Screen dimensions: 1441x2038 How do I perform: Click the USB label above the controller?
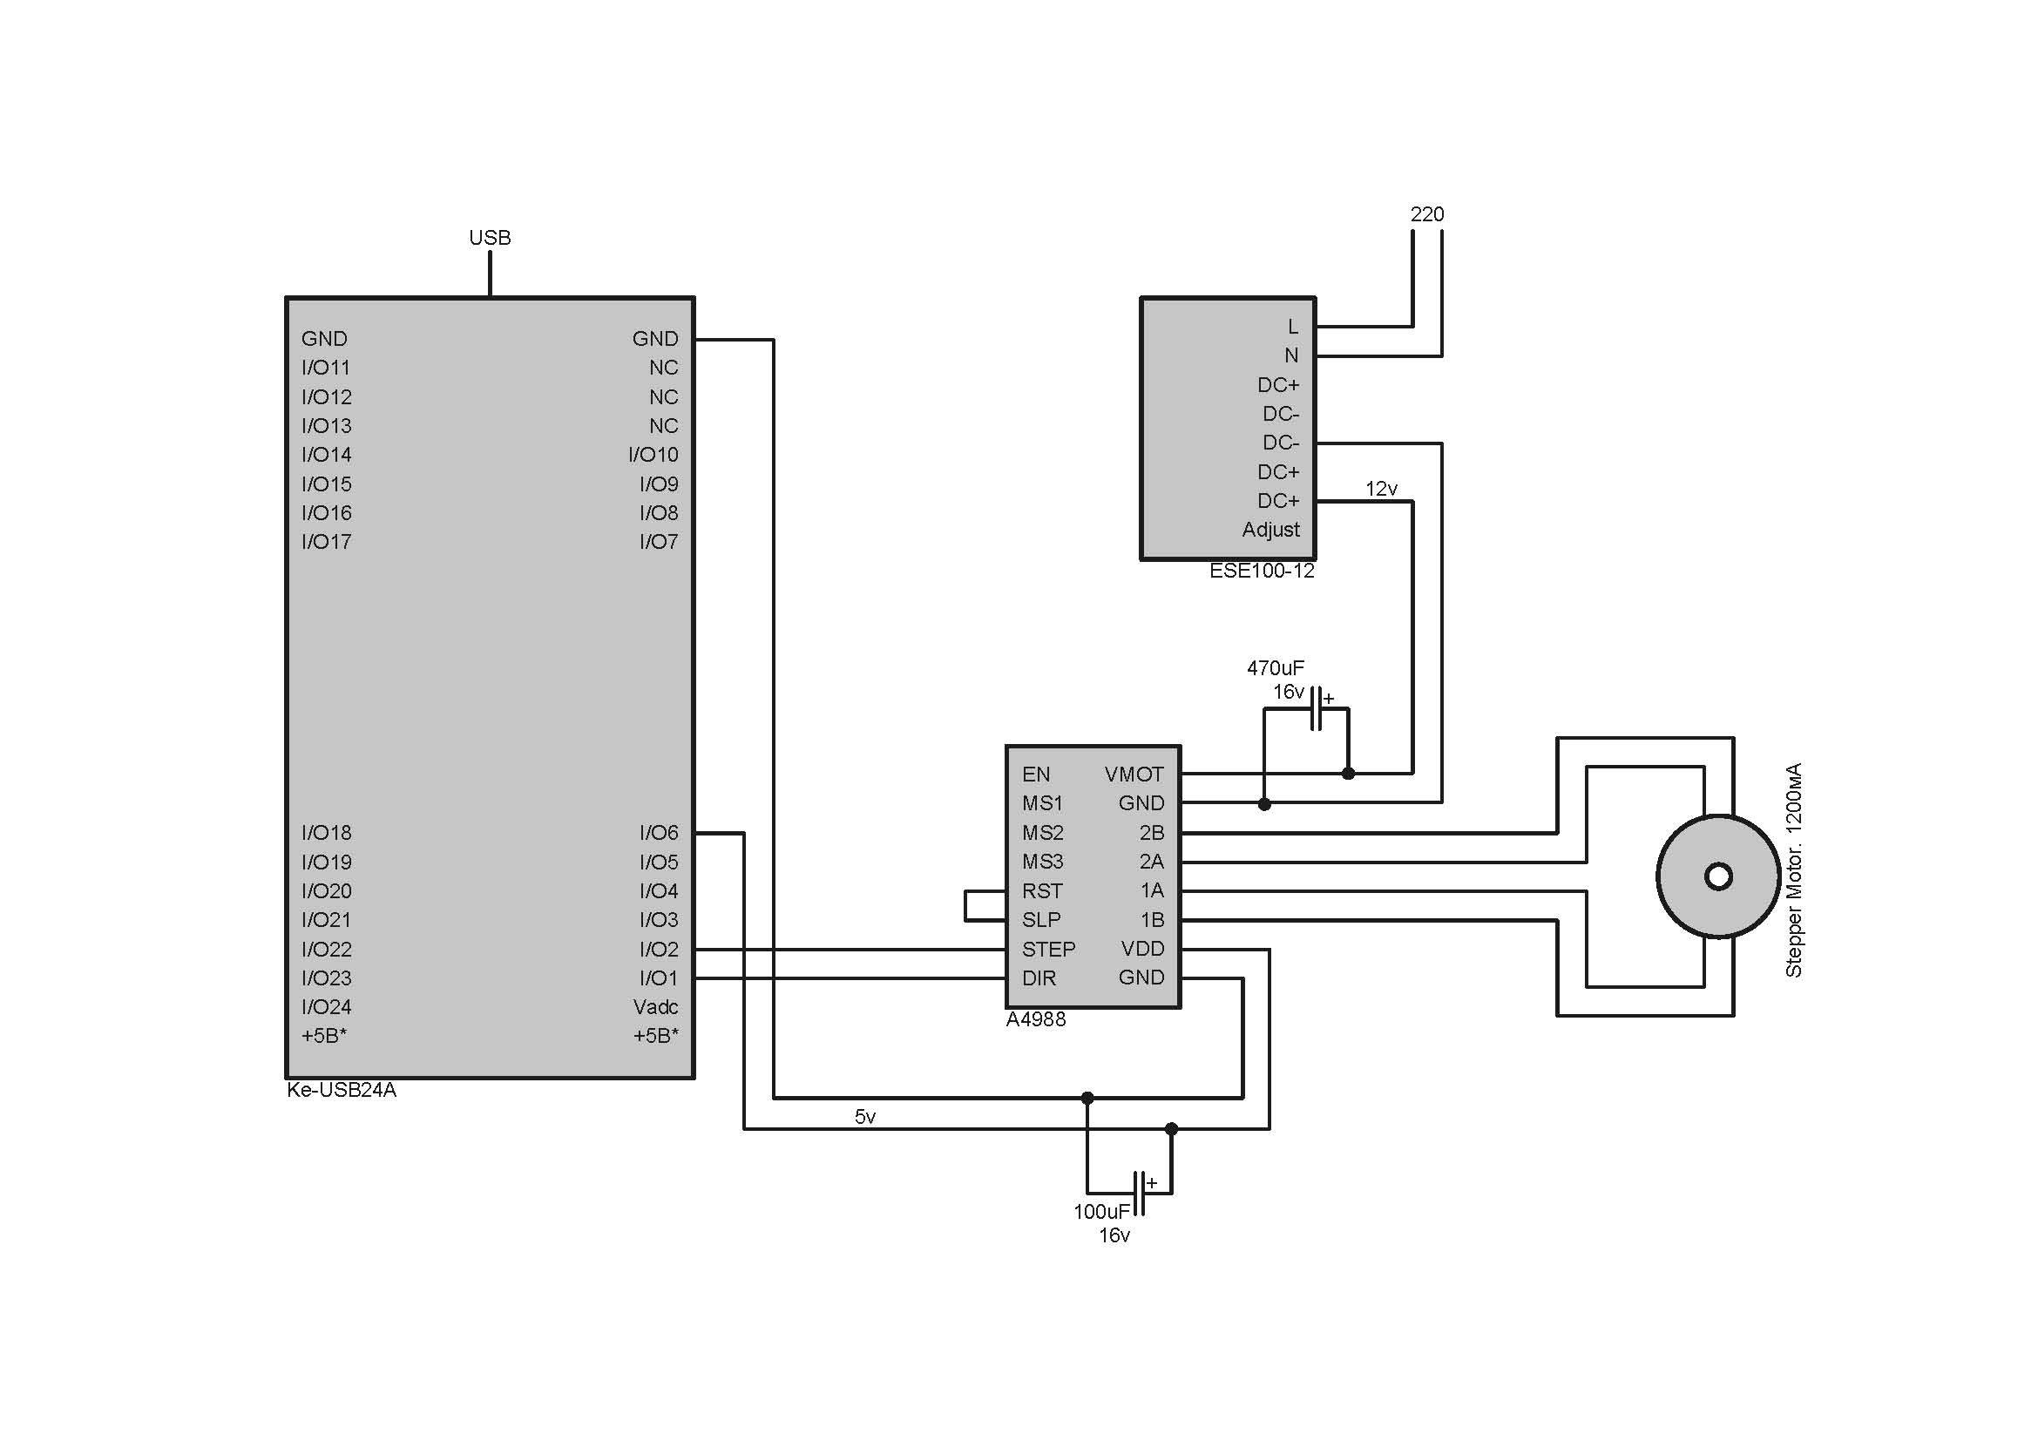pyautogui.click(x=489, y=238)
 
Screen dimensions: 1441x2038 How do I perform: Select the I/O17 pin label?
pyautogui.click(x=326, y=541)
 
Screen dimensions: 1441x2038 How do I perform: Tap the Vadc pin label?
pyautogui.click(x=655, y=1007)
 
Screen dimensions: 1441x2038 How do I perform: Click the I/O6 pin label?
pyautogui.click(x=659, y=832)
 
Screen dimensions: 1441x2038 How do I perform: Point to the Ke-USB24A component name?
pyautogui.click(x=341, y=1091)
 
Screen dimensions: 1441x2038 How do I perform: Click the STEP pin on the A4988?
pyautogui.click(x=1047, y=950)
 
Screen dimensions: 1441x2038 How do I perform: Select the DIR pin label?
pyautogui.click(x=1039, y=978)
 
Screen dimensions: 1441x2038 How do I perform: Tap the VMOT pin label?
pyautogui.click(x=1134, y=775)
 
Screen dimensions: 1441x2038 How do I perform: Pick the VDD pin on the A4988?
pyautogui.click(x=1141, y=949)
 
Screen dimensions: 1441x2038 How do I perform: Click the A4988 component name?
pyautogui.click(x=1035, y=1019)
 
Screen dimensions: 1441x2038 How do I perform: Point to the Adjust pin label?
pyautogui.click(x=1270, y=530)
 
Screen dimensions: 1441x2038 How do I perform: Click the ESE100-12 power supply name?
pyautogui.click(x=1262, y=572)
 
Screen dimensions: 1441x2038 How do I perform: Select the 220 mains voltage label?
pyautogui.click(x=1426, y=214)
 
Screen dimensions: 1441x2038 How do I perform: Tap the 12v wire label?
pyautogui.click(x=1380, y=489)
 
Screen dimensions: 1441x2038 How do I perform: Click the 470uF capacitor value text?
pyautogui.click(x=1275, y=668)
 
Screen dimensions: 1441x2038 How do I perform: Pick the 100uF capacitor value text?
pyautogui.click(x=1100, y=1212)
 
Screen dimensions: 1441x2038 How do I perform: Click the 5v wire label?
pyautogui.click(x=864, y=1117)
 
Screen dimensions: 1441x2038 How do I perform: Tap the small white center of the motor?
pyautogui.click(x=1718, y=876)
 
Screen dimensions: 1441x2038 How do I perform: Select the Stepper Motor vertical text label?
pyautogui.click(x=1793, y=869)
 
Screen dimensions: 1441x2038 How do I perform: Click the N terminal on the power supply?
pyautogui.click(x=1290, y=355)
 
